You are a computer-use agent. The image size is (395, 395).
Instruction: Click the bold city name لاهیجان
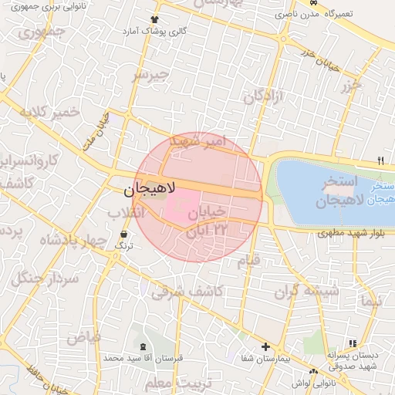coord(150,187)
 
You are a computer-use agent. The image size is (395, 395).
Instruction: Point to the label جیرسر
coord(150,74)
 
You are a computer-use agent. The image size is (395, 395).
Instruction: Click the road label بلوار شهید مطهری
coord(354,231)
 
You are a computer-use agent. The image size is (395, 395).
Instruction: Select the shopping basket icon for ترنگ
coord(124,232)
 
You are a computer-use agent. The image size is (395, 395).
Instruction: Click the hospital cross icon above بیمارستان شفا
coord(266,347)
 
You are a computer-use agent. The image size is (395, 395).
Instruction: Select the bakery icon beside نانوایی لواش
coord(296,383)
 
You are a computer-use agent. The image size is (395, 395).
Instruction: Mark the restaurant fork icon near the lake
coord(380,161)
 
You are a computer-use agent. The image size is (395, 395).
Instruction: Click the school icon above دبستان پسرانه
coord(353,343)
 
